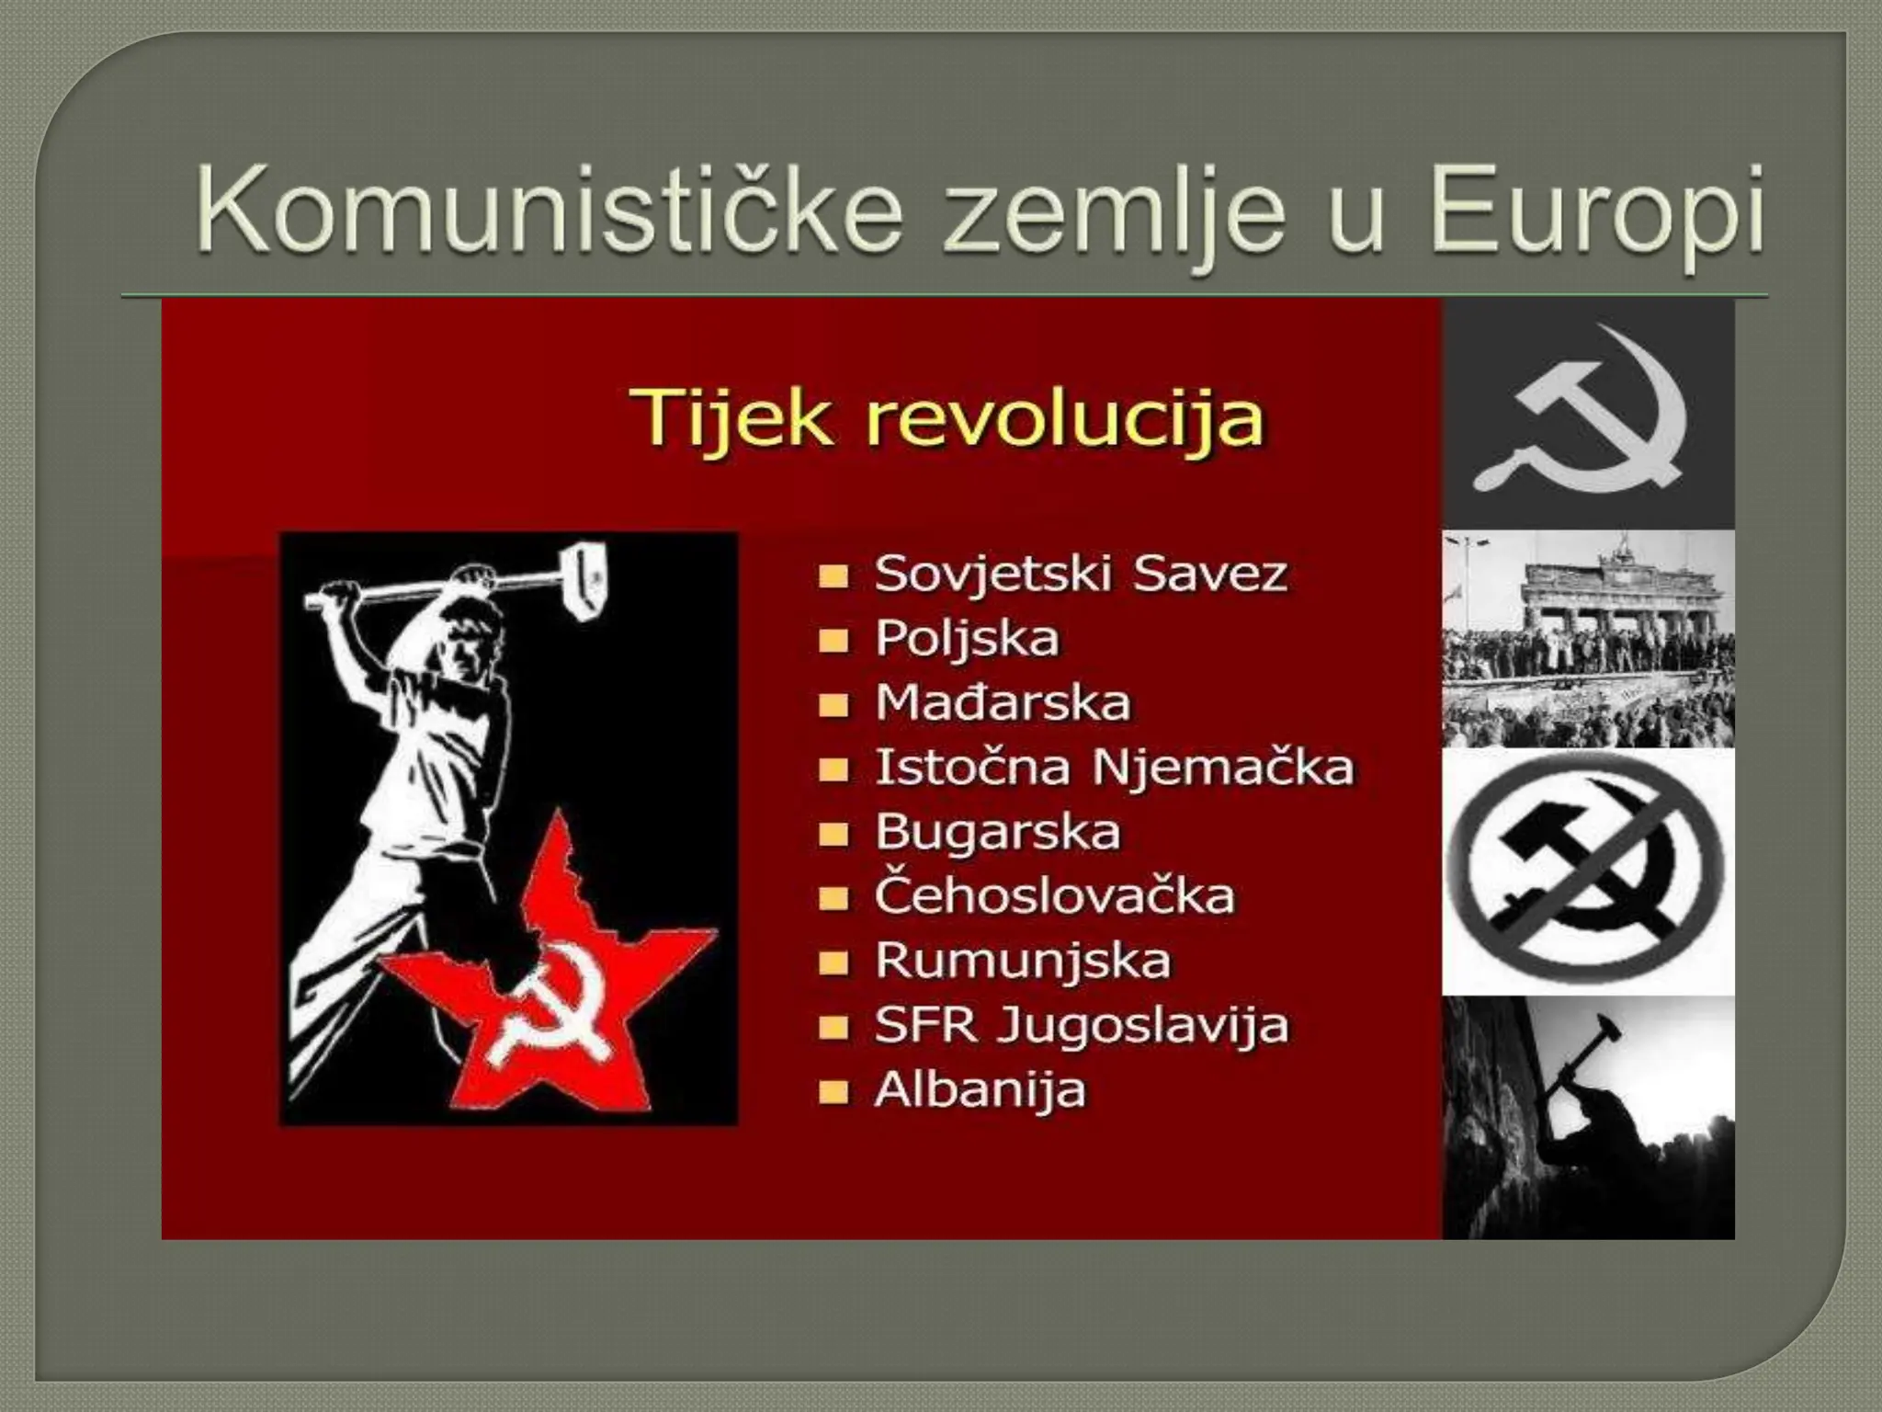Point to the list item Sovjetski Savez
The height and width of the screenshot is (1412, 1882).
pyautogui.click(x=1081, y=575)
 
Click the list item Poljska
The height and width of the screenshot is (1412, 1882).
pyautogui.click(x=967, y=639)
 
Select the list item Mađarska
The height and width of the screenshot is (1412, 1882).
pyautogui.click(x=1002, y=703)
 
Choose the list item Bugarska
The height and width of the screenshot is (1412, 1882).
pyautogui.click(x=997, y=832)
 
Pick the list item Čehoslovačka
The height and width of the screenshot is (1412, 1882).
pyautogui.click(x=1054, y=896)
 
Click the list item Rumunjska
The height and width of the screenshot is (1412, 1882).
pyautogui.click(x=1023, y=961)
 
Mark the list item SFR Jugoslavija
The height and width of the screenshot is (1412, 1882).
pyautogui.click(x=1081, y=1025)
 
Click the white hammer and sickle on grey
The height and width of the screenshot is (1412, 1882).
pyautogui.click(x=1588, y=414)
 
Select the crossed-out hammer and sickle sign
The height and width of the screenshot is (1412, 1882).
pyautogui.click(x=1588, y=871)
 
